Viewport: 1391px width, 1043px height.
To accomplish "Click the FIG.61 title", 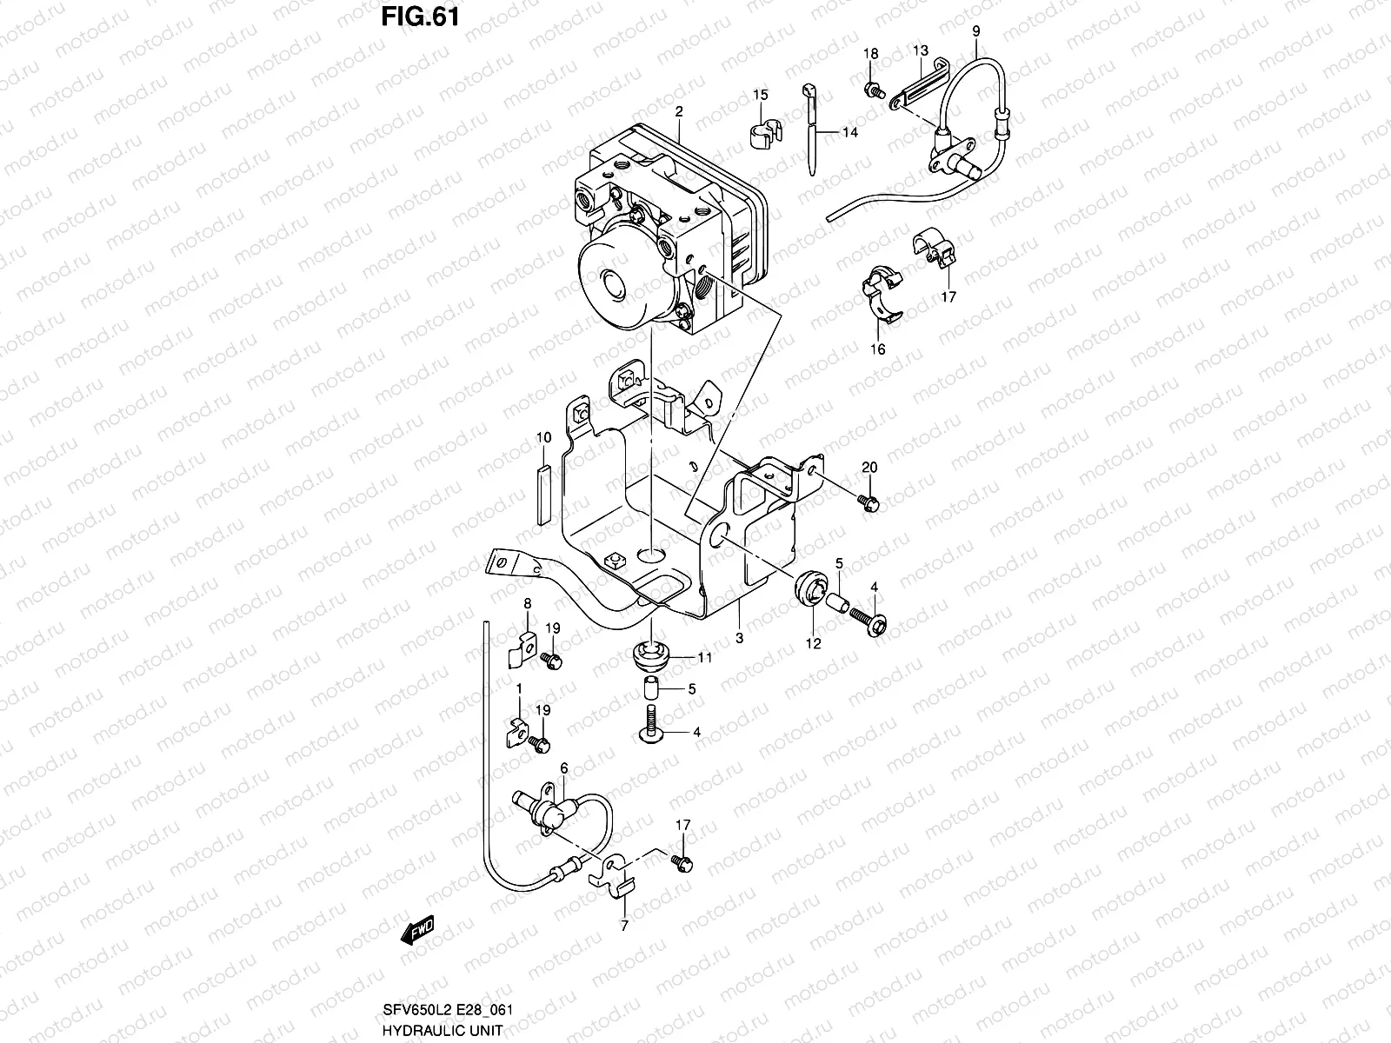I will pyautogui.click(x=419, y=17).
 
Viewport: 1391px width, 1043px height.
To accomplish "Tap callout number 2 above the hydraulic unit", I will pyautogui.click(x=679, y=112).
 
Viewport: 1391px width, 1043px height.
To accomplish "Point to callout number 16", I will pyautogui.click(x=878, y=349).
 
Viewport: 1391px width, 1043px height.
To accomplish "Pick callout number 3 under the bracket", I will pyautogui.click(x=739, y=639).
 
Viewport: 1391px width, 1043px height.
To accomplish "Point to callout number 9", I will pyautogui.click(x=975, y=31).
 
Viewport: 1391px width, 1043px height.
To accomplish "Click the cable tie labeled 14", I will pyautogui.click(x=812, y=130).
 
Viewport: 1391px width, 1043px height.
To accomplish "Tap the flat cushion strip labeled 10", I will pyautogui.click(x=543, y=493).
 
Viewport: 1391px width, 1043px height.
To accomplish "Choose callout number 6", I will pyautogui.click(x=564, y=768).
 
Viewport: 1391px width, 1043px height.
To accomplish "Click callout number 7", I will pyautogui.click(x=623, y=927).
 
